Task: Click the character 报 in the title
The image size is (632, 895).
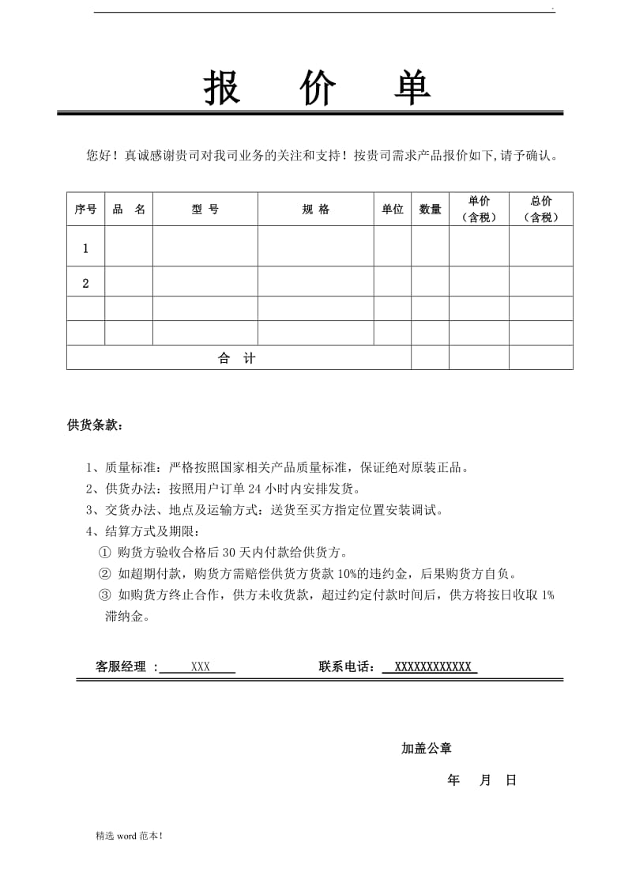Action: coord(222,88)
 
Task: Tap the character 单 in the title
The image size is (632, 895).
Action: coord(412,88)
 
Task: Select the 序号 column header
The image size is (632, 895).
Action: coord(85,210)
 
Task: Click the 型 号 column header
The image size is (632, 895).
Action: coord(205,210)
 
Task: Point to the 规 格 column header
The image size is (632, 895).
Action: coord(315,210)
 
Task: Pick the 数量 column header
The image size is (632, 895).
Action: coord(430,210)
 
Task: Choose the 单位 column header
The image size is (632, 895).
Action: coord(393,210)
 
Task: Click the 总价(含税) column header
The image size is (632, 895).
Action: coord(541,210)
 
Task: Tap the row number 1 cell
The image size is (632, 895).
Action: coord(85,248)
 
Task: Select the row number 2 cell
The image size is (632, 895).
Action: coord(85,283)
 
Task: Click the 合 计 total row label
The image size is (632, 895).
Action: coord(237,358)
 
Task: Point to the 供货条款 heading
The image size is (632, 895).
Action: coord(95,425)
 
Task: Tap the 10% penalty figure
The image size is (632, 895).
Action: coord(348,574)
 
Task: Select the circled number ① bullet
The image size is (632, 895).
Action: coord(105,553)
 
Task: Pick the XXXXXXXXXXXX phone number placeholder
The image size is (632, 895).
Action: coord(432,667)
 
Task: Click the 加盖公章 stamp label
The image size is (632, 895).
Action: coord(427,748)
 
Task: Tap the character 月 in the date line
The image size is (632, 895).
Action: coord(485,780)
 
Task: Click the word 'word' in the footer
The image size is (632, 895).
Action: coord(127,835)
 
